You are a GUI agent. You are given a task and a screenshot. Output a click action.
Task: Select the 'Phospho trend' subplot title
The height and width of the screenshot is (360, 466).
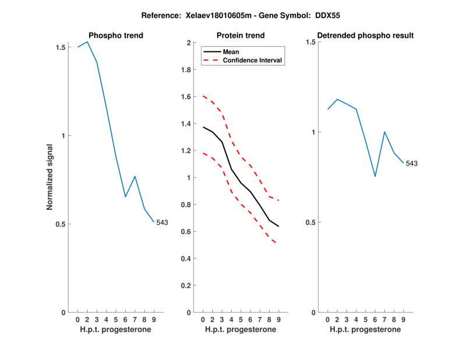coord(115,36)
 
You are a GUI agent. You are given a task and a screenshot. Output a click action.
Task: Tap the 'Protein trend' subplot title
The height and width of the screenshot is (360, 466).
coord(241,36)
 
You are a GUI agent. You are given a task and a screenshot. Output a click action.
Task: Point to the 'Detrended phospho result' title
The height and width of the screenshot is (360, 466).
coord(365,36)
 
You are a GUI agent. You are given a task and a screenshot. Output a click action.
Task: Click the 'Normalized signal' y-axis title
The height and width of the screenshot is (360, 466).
coord(51,177)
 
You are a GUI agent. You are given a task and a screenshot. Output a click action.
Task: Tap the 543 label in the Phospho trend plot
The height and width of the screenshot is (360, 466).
coord(162,223)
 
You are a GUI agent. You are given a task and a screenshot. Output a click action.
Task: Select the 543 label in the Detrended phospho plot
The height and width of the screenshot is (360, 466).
coord(412,164)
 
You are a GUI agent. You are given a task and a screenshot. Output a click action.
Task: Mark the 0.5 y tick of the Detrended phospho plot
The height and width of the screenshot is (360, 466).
coord(310,223)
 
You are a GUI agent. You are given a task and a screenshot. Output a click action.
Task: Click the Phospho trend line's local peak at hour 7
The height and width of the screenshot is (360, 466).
coord(135,176)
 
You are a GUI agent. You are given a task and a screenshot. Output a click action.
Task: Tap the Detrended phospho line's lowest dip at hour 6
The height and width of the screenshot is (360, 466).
coord(375,177)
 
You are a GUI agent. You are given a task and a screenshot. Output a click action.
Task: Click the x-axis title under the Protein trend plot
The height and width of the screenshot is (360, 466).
coord(241,329)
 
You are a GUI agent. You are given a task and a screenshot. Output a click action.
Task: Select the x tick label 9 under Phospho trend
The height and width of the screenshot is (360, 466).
coord(154,320)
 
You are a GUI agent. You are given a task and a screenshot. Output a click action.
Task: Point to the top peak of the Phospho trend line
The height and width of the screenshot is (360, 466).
coord(87,41)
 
